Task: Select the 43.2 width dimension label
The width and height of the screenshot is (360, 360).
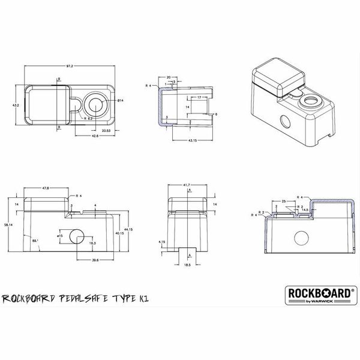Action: click(x=16, y=105)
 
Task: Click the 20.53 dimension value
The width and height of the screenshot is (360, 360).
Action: click(x=106, y=130)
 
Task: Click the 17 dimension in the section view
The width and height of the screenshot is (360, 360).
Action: click(x=198, y=97)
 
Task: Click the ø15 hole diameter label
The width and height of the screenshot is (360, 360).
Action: click(x=59, y=236)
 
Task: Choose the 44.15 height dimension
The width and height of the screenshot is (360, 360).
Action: click(x=128, y=229)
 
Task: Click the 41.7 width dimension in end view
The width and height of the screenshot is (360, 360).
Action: click(x=187, y=185)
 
